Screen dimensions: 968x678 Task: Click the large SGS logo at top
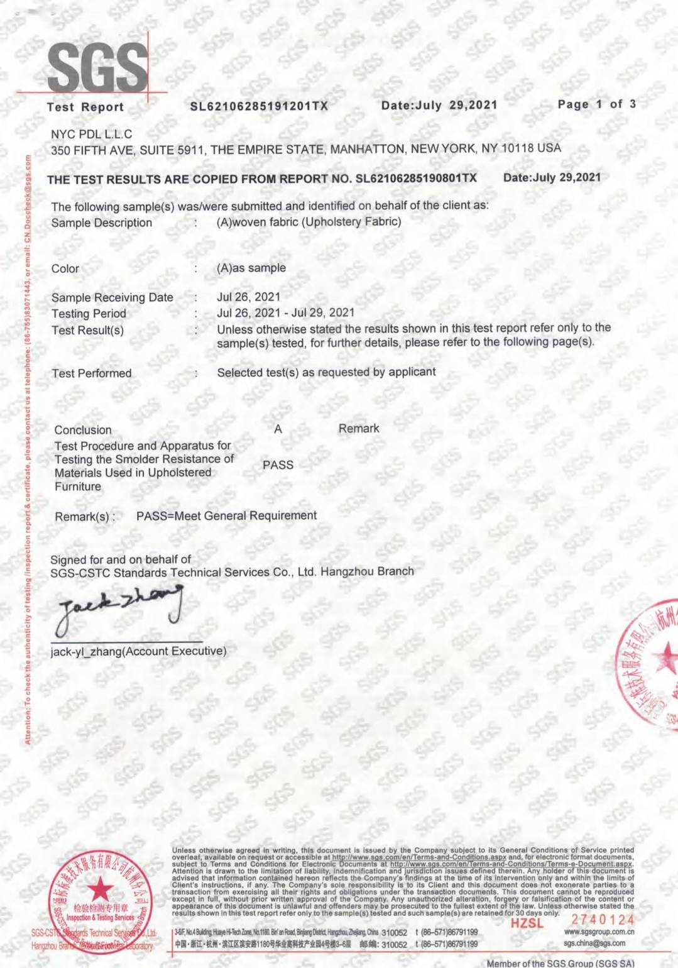click(97, 68)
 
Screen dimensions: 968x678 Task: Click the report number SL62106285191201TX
click(259, 106)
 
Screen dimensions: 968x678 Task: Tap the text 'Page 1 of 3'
click(596, 104)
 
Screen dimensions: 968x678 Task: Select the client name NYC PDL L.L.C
click(92, 134)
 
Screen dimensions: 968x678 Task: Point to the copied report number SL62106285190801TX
click(416, 178)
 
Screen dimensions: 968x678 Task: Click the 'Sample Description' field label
click(102, 223)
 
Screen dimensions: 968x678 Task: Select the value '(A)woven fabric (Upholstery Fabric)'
click(309, 222)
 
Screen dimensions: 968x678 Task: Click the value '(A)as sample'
click(251, 268)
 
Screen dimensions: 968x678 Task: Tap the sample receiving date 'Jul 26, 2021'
click(248, 297)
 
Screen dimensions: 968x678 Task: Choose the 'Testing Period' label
click(89, 314)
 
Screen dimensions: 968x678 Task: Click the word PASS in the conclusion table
click(278, 465)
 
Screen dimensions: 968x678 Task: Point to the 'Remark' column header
click(359, 429)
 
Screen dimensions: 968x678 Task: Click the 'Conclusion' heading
click(83, 430)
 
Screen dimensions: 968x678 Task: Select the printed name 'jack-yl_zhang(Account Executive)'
click(138, 651)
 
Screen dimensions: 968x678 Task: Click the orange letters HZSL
click(527, 923)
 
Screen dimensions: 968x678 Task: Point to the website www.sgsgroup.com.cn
click(599, 932)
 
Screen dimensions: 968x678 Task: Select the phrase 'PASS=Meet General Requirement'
click(226, 516)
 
